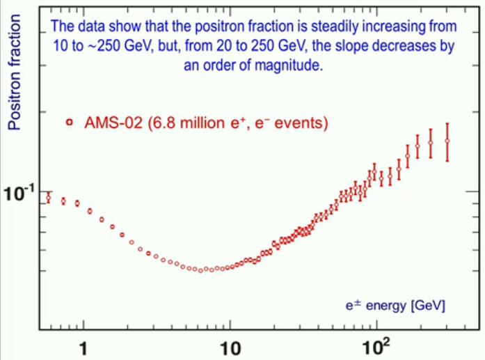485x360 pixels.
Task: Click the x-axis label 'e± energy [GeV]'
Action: click(x=396, y=305)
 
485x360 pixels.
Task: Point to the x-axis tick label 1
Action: click(x=84, y=345)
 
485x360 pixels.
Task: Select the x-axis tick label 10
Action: click(x=230, y=345)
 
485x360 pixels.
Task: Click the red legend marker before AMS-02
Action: click(x=68, y=123)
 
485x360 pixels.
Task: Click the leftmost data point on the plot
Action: click(x=48, y=198)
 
